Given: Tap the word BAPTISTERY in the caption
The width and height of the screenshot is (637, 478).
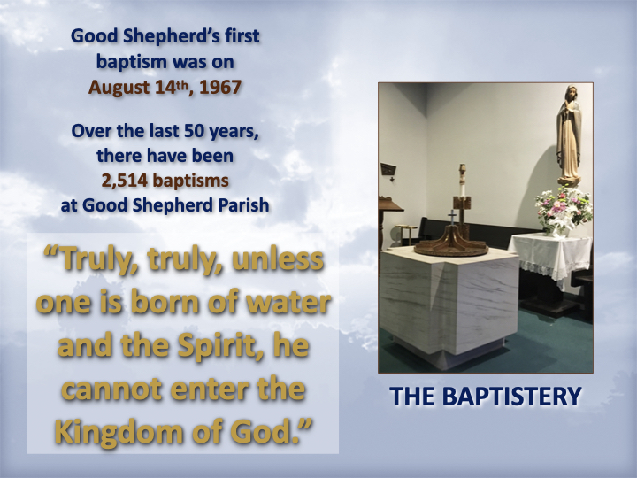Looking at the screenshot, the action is pos(511,397).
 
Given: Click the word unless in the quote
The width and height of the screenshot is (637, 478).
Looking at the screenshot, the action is pos(278,259).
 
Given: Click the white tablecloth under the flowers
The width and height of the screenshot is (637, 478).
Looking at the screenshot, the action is pos(550,255).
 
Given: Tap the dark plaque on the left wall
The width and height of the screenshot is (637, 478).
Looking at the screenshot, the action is pos(388,169).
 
